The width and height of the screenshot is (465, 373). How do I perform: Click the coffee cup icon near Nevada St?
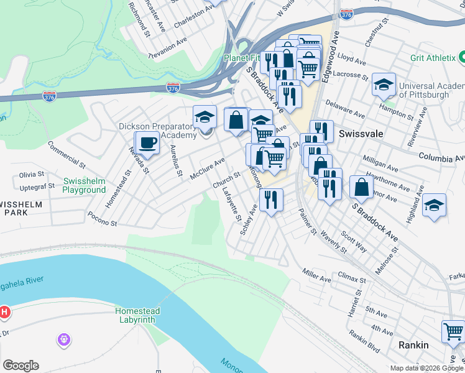pos(147,142)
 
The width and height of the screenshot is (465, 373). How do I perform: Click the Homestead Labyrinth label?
pos(137,315)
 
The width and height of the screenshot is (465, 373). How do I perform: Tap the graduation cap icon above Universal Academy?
pos(384,84)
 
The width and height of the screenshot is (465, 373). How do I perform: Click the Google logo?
pos(21,366)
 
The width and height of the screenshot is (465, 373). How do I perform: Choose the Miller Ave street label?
pos(316,275)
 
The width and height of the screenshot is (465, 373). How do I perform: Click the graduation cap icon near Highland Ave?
pos(434,206)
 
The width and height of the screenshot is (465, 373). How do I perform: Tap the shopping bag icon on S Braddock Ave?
pos(361,186)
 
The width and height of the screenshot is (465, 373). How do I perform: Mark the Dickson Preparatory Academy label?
pos(157,131)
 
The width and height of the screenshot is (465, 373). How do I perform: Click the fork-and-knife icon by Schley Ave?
pos(271,199)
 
